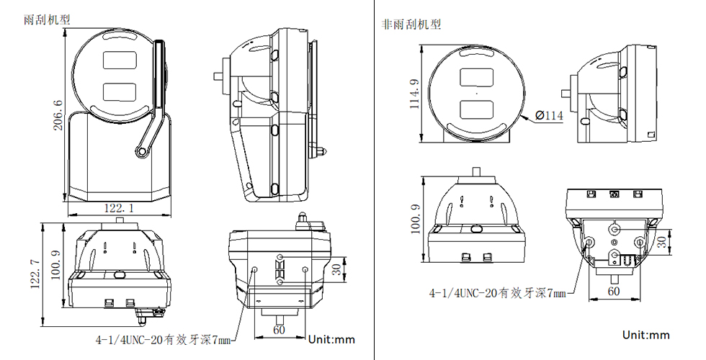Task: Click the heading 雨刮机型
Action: tap(48, 20)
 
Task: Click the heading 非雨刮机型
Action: tap(411, 24)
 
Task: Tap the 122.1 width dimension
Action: tap(120, 208)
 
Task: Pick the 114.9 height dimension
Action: tap(414, 94)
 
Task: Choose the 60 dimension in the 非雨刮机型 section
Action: tap(614, 292)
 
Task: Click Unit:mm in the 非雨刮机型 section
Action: tap(646, 335)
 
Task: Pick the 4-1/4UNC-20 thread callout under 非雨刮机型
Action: tap(497, 292)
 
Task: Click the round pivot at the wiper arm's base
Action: tap(140, 151)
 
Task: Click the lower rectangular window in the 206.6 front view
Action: tap(120, 91)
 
